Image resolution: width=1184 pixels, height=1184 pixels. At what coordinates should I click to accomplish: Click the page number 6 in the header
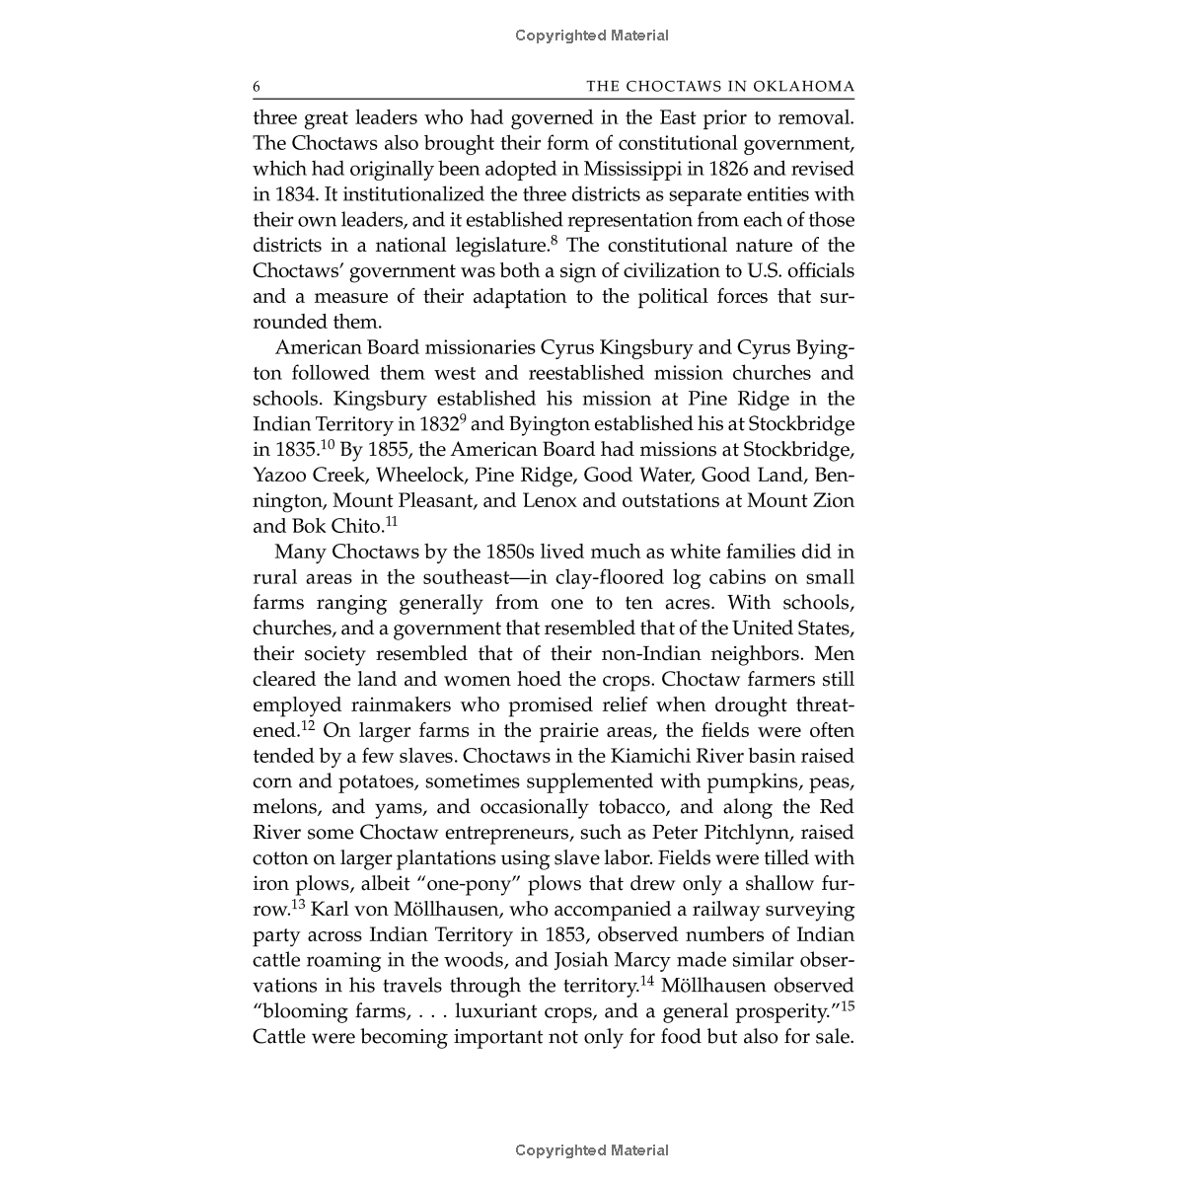pos(257,87)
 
